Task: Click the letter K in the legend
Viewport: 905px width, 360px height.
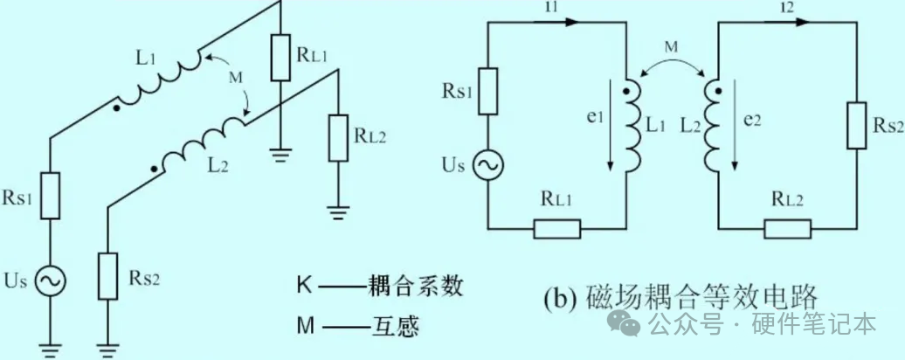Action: coord(302,285)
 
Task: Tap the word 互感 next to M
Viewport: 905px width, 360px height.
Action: coord(394,327)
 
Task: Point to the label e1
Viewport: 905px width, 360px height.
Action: coord(597,118)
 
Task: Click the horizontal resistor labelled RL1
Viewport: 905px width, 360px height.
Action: coord(556,229)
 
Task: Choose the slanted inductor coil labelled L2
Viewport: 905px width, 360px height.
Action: coord(200,141)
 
